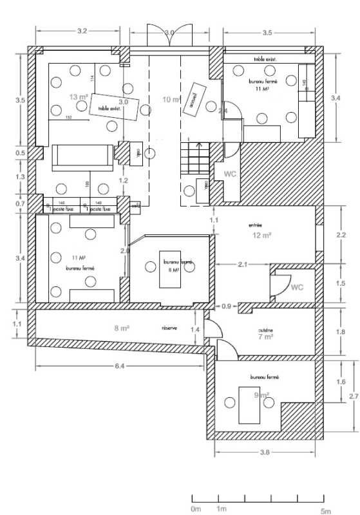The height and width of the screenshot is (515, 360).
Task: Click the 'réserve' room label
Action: (169, 328)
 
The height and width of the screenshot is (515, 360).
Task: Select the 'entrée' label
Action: (256, 225)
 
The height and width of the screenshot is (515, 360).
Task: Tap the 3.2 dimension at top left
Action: (82, 31)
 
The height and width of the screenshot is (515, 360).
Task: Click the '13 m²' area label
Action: (79, 97)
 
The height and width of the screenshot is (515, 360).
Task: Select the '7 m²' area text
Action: (265, 337)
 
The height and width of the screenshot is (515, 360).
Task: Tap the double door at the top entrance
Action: (169, 36)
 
